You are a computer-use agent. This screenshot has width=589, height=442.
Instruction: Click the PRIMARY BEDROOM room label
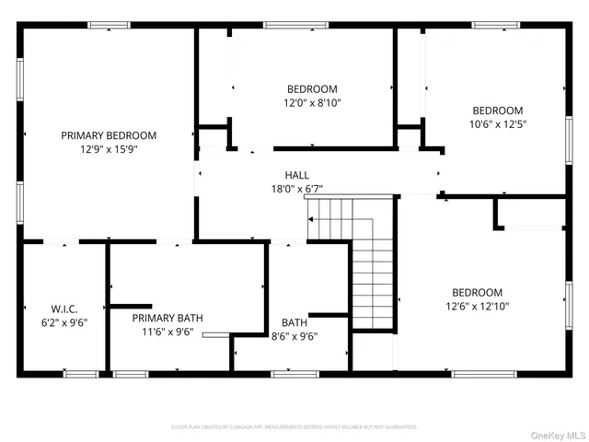(x=109, y=135)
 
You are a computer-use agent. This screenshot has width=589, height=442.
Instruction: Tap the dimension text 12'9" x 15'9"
(x=109, y=149)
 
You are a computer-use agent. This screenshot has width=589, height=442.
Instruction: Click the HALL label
(x=296, y=175)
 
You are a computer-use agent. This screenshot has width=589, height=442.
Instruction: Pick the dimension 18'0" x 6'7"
(x=296, y=189)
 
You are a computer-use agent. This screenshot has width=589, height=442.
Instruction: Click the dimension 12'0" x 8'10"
(x=312, y=103)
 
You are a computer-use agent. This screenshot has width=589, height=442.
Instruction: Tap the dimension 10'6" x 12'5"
(x=497, y=123)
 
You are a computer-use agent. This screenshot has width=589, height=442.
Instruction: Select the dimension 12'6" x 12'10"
(x=477, y=306)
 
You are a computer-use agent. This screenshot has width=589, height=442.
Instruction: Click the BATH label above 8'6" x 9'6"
(x=294, y=322)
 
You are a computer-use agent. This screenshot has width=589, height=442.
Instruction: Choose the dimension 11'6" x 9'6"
(x=167, y=331)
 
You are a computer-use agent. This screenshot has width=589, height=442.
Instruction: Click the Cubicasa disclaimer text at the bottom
(x=294, y=426)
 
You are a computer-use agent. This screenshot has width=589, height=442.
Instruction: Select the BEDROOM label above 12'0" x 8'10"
(x=312, y=89)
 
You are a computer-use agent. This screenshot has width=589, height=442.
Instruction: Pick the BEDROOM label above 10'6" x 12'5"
(x=497, y=110)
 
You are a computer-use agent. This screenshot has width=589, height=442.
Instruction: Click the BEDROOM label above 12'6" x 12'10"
(x=477, y=292)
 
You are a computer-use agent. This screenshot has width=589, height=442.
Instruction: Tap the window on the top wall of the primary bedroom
(x=109, y=25)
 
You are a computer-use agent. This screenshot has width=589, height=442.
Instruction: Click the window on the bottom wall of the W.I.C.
(x=81, y=374)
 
